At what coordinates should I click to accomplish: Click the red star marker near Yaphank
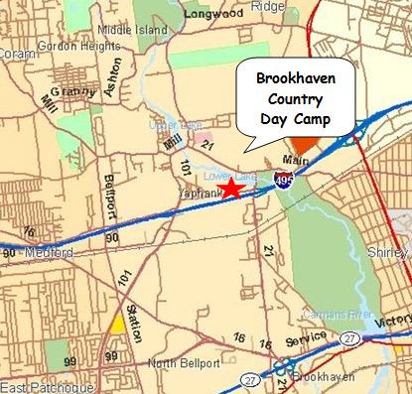(x=231, y=188)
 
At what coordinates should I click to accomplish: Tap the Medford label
(x=50, y=253)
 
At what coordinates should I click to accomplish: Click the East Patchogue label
(x=47, y=386)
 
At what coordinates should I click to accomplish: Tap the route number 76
(x=28, y=231)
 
